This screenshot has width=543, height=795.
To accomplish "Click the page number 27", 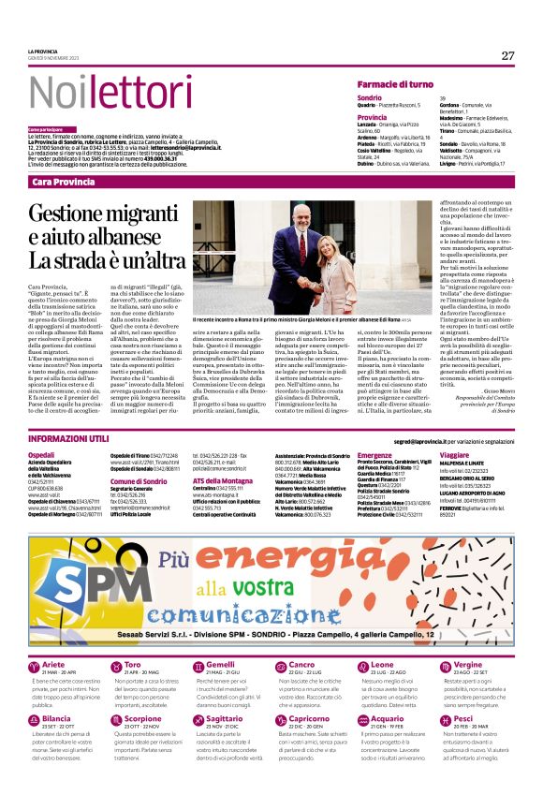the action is click(507, 55).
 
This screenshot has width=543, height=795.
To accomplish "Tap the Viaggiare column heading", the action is click(456, 456).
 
